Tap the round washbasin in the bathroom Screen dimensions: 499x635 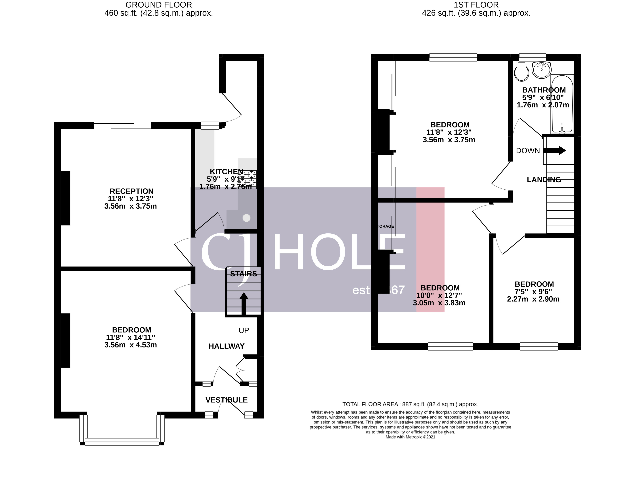[541, 70]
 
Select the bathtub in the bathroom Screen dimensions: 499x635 [562, 104]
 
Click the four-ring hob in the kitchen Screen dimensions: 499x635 [247, 179]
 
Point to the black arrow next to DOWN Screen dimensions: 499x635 [554, 150]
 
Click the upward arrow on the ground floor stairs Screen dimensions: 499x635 [244, 304]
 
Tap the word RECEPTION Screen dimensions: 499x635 [131, 191]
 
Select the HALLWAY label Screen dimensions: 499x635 [226, 346]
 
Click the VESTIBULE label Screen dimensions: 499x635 [226, 400]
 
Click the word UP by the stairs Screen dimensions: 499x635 [244, 330]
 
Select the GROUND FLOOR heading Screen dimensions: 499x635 [159, 5]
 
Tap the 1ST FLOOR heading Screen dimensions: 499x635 [476, 5]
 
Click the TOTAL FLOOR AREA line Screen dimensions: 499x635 [410, 404]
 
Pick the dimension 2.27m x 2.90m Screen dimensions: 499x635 [533, 299]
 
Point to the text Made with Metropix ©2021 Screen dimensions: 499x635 [410, 437]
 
